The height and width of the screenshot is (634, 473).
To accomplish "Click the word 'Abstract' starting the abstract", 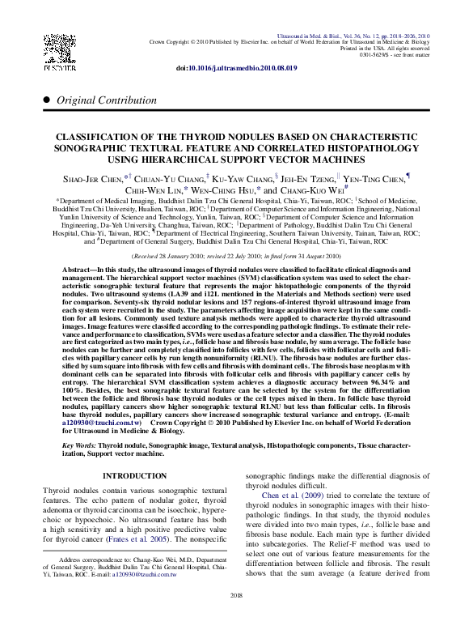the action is point(81,268).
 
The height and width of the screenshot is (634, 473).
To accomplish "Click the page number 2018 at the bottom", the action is point(236,619).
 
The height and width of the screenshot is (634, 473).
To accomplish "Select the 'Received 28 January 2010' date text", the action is point(182,254).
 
